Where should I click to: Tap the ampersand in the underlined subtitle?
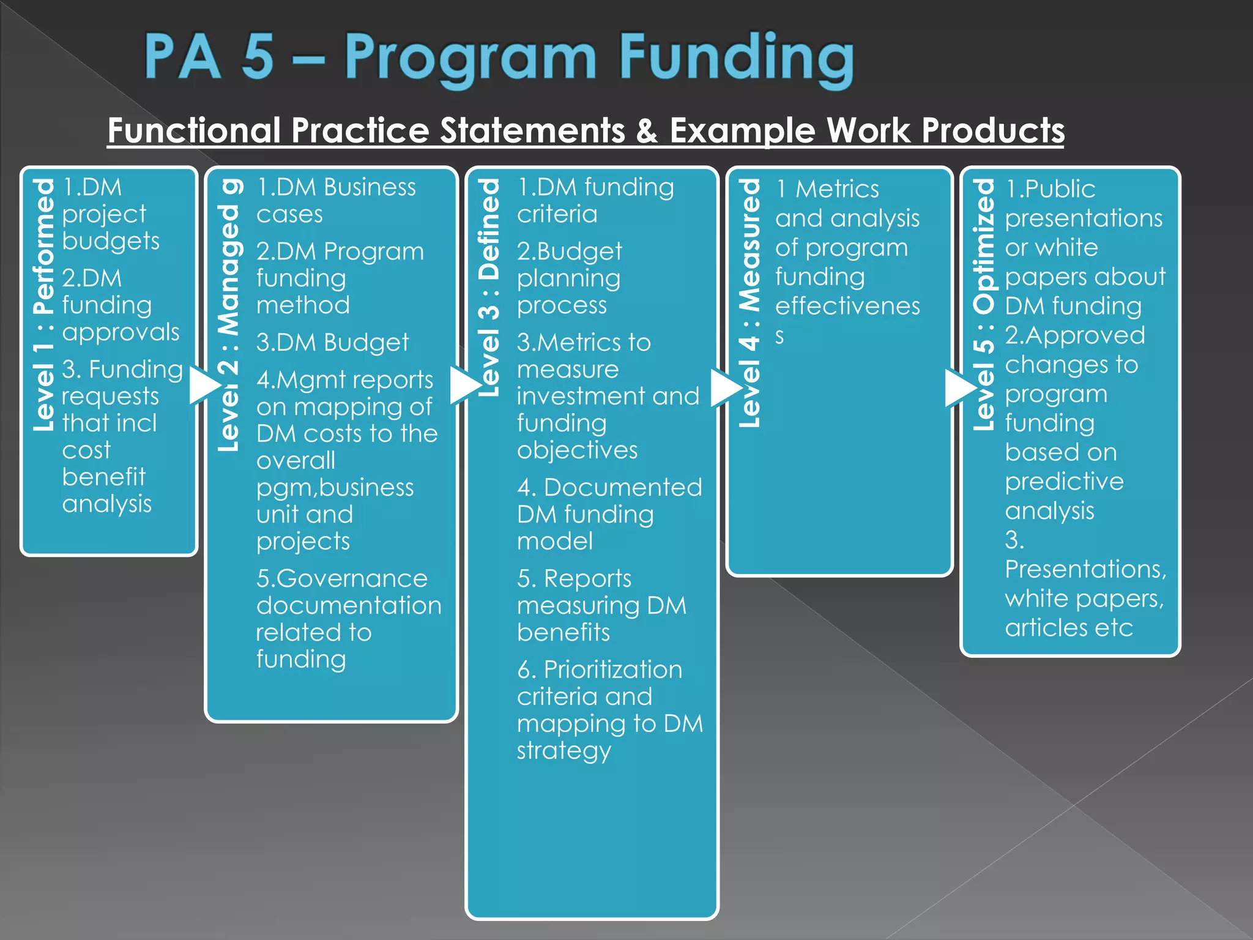point(647,130)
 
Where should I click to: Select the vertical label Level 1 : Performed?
point(44,304)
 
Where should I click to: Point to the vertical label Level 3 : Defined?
point(488,288)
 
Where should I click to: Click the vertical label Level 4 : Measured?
point(749,303)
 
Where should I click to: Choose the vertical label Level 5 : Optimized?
point(984,304)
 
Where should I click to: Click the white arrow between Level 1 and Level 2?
point(204,385)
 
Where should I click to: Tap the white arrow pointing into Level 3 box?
point(465,385)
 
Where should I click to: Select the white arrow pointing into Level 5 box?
point(959,388)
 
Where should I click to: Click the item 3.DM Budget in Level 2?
point(332,342)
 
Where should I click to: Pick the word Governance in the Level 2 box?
point(352,578)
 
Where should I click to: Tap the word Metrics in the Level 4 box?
point(837,189)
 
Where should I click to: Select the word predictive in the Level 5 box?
point(1064,482)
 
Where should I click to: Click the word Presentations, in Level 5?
point(1085,569)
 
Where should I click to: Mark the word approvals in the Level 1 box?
point(121,332)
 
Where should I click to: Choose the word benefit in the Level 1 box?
point(104,477)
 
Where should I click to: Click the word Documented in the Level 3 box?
point(622,488)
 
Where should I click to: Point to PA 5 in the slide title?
point(209,58)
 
